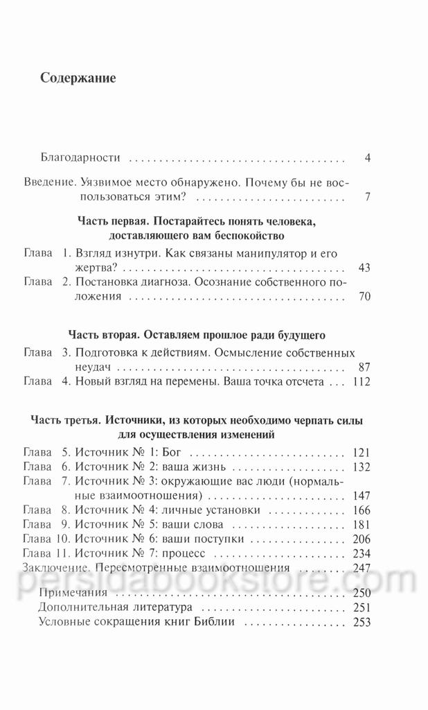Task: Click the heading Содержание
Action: (78, 78)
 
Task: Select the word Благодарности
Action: (80, 158)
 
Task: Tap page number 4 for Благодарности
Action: (368, 158)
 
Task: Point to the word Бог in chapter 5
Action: (159, 452)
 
